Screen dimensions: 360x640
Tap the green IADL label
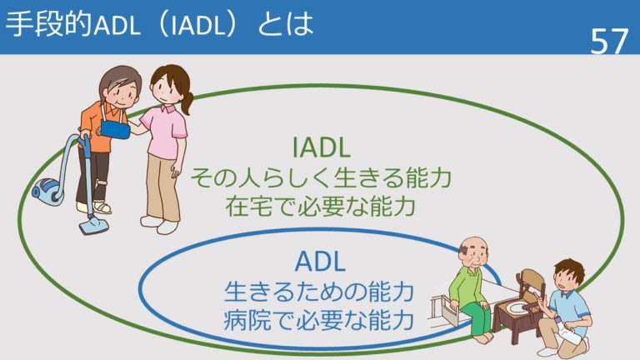pos(321,147)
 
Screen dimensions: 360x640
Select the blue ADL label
pos(320,261)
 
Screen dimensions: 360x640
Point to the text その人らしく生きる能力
pos(321,178)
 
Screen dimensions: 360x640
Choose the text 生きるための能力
pos(320,291)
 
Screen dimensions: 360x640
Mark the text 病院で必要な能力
pos(320,318)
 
